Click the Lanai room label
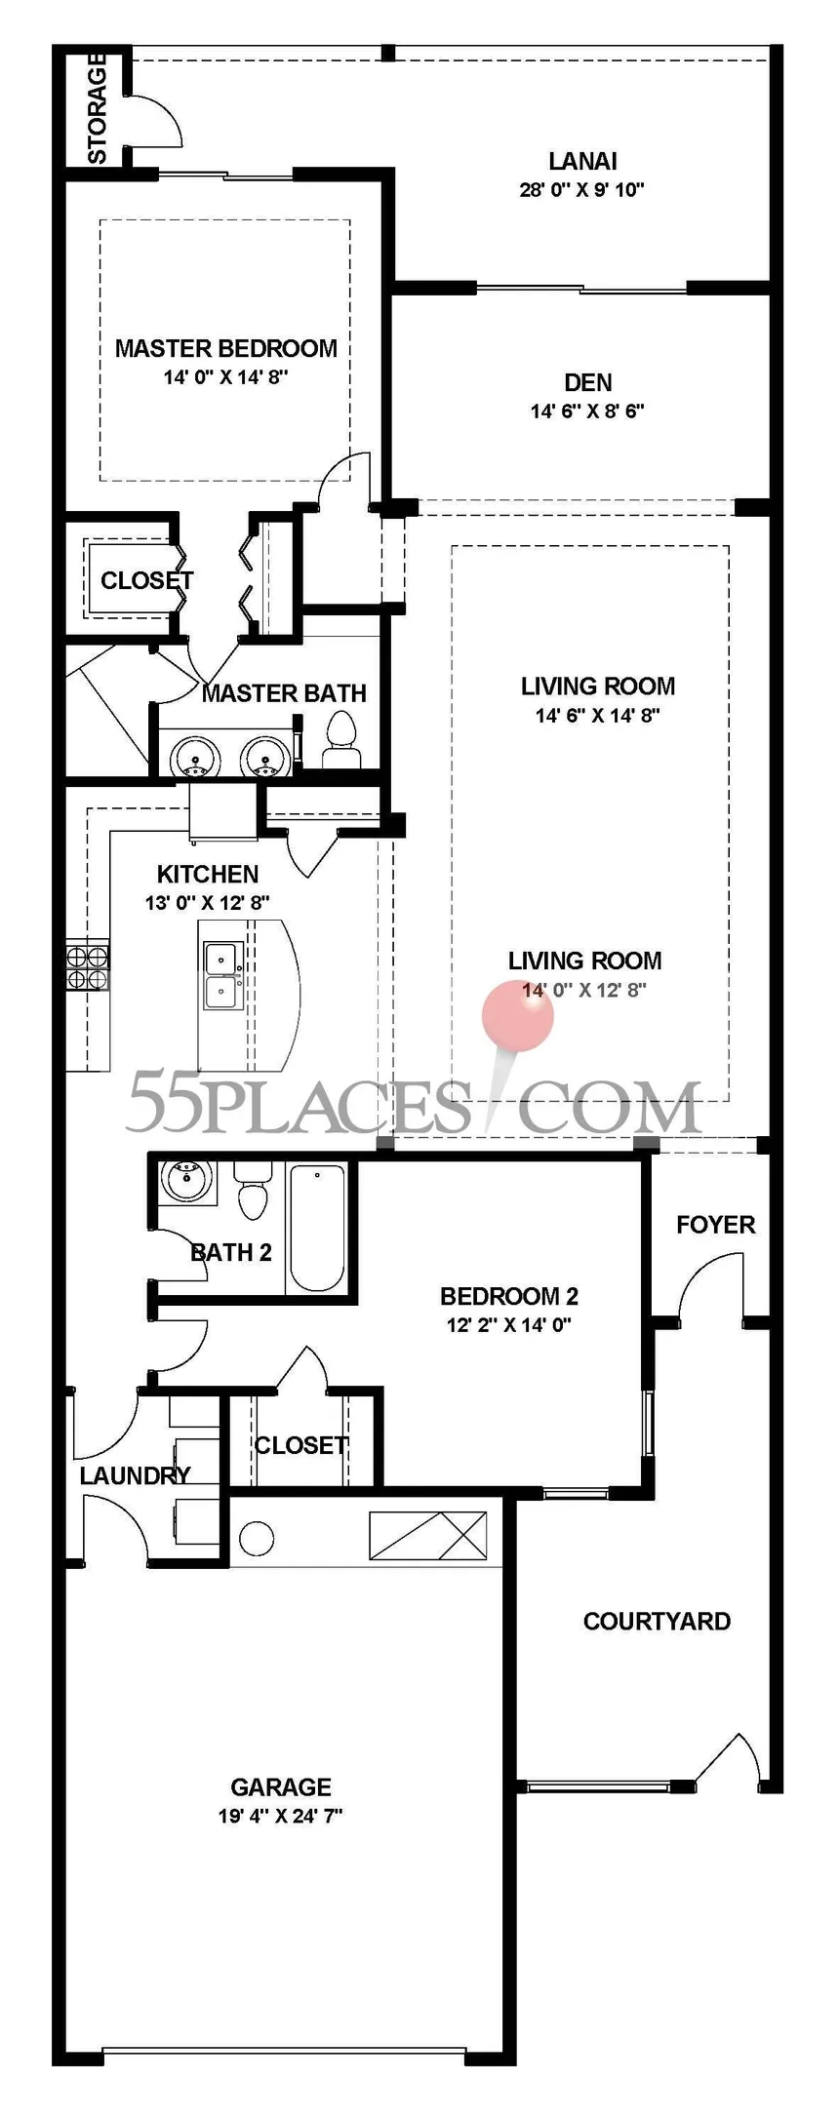pyautogui.click(x=582, y=161)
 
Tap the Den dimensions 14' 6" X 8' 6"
pyautogui.click(x=587, y=411)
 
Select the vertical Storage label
pyautogui.click(x=98, y=108)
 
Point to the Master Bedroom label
pyautogui.click(x=226, y=348)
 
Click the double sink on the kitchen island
pyautogui.click(x=223, y=976)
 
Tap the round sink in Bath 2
pyautogui.click(x=183, y=1181)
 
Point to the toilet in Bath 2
pyautogui.click(x=253, y=1191)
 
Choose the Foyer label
pyautogui.click(x=716, y=1225)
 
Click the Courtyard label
pyautogui.click(x=657, y=1621)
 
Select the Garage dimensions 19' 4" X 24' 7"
pyautogui.click(x=281, y=1816)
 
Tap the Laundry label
pyautogui.click(x=135, y=1475)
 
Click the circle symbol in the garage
pyautogui.click(x=257, y=1539)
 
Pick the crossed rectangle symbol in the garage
pyautogui.click(x=427, y=1535)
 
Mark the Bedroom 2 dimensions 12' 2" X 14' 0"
pyautogui.click(x=509, y=1324)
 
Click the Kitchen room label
pyautogui.click(x=208, y=874)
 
